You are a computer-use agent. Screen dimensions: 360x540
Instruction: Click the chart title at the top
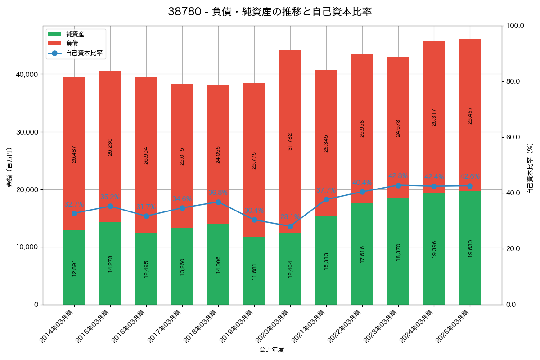270,12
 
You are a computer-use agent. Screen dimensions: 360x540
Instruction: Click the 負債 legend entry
72,44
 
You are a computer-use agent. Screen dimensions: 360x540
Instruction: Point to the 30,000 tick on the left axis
27,132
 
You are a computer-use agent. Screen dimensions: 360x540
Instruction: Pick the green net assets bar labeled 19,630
470,248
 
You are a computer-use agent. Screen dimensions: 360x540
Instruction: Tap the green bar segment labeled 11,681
254,271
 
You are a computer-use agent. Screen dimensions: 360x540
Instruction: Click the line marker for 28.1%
290,226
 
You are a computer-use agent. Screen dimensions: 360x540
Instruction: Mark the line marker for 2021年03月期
326,199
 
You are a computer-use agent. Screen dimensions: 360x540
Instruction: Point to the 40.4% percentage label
362,183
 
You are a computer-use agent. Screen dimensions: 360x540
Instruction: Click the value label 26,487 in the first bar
74,154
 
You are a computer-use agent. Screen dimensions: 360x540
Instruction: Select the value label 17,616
362,254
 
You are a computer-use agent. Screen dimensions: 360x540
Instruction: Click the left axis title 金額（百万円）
9,167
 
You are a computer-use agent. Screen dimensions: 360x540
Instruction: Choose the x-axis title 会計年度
272,349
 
